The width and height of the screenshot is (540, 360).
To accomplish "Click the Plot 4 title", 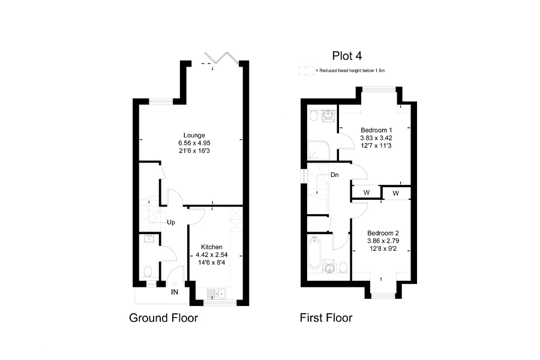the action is [347, 56].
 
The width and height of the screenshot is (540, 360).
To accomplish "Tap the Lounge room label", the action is [194, 136].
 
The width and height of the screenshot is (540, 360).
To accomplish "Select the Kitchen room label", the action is [211, 247].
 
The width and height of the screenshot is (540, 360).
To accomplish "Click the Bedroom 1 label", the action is [376, 130].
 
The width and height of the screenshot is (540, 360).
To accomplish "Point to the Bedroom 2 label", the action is [383, 233].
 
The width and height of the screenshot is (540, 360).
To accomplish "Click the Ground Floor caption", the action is [164, 317].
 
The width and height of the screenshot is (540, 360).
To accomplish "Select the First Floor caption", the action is [326, 317].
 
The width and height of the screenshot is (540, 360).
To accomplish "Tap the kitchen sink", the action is [217, 294].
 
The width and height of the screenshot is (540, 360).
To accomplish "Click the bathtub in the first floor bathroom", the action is [314, 253].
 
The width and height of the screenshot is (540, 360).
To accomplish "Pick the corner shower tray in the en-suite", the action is [319, 150].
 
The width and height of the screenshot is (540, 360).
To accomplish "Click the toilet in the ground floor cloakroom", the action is [148, 271].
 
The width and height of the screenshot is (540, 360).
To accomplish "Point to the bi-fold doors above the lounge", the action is [221, 58].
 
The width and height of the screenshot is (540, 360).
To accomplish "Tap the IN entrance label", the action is [175, 292].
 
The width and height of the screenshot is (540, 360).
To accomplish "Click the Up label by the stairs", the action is [171, 223].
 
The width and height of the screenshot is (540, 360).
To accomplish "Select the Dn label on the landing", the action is [334, 175].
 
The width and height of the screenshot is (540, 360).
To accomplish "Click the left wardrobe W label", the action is [367, 193].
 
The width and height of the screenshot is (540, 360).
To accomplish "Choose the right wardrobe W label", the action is [396, 194].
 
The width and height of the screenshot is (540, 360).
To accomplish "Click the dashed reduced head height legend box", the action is [306, 71].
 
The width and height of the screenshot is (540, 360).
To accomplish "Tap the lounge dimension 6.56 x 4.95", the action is [194, 143].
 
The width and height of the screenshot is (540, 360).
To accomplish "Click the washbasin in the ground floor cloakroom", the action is [149, 238].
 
